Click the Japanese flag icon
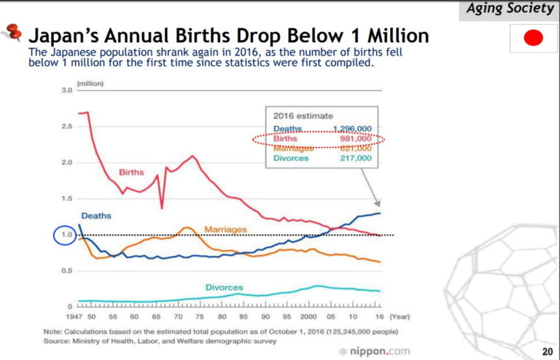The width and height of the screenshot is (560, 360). [534, 39]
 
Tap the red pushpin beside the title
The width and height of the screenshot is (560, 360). [13, 33]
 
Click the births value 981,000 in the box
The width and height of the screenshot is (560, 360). [355, 138]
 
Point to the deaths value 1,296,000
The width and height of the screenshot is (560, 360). [352, 128]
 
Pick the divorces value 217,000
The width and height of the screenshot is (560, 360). [355, 157]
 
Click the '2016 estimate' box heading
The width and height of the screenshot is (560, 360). [303, 115]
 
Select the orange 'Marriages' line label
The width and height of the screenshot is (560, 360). [225, 229]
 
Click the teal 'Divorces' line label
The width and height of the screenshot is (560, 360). [224, 287]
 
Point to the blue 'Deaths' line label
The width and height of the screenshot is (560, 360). [96, 216]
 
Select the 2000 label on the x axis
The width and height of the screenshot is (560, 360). [308, 318]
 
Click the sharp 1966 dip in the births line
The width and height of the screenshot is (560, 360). [161, 208]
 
